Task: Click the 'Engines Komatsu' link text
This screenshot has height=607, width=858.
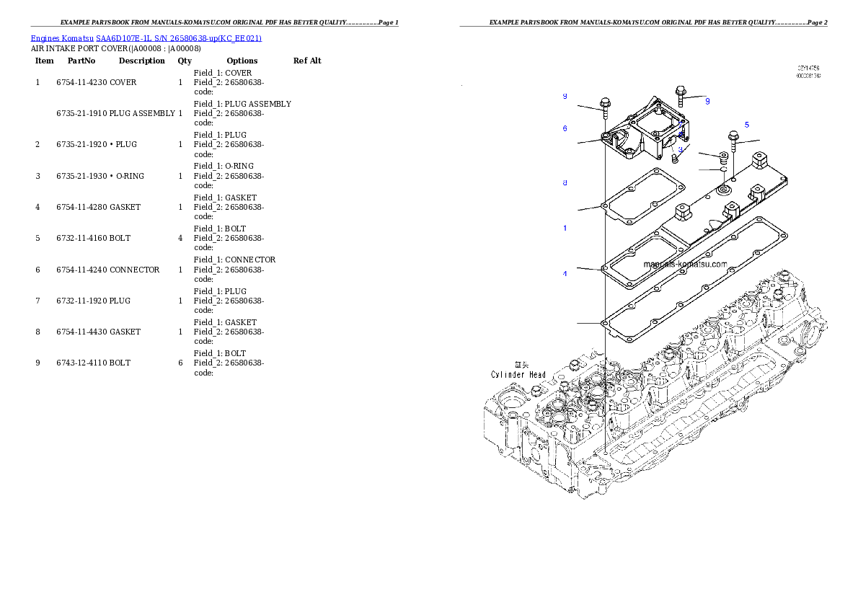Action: [63, 37]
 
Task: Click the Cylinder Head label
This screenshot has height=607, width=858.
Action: [518, 375]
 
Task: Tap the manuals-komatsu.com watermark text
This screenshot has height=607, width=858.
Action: [685, 265]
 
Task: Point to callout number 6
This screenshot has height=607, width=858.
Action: [565, 128]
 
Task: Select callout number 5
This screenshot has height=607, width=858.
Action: [746, 125]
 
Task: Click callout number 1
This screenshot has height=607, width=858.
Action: [565, 228]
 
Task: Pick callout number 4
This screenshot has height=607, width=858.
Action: [565, 274]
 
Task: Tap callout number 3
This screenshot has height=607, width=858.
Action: [679, 150]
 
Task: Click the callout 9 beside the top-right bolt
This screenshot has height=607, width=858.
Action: [707, 101]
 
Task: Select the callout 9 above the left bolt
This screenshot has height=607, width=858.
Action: [565, 96]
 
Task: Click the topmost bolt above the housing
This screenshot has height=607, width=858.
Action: [680, 94]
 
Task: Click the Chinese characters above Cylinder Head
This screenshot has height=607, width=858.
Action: [520, 365]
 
